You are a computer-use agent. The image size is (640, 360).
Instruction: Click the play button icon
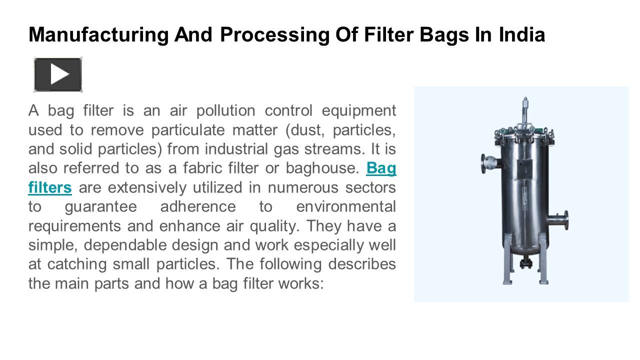(x=58, y=75)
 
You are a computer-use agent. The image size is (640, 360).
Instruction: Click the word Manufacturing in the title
(x=98, y=34)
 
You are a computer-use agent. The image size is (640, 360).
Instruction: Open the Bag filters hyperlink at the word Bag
(x=381, y=168)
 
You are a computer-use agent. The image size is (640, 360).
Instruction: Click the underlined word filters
(x=50, y=188)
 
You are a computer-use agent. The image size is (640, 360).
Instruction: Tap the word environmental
(x=346, y=207)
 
